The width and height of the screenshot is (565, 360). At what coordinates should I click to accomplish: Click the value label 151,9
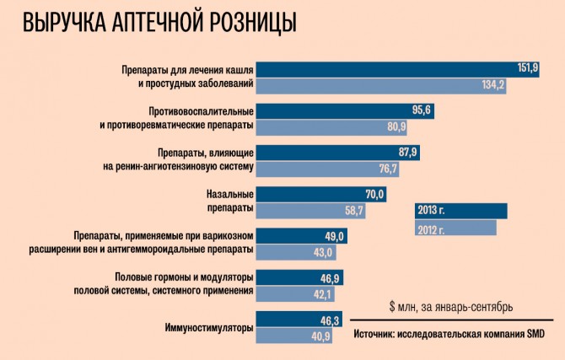point(527,68)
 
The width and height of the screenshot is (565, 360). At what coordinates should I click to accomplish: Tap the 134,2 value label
point(493,84)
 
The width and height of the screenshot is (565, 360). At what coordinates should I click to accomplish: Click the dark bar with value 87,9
point(336,153)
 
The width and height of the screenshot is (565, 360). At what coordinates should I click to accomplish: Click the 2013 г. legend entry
point(460,211)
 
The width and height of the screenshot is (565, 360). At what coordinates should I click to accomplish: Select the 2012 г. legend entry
point(455,228)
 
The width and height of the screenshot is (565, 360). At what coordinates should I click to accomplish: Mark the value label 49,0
point(336,236)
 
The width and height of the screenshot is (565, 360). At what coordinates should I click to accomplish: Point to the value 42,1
point(324,293)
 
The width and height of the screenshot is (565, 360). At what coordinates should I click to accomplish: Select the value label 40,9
point(321,336)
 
